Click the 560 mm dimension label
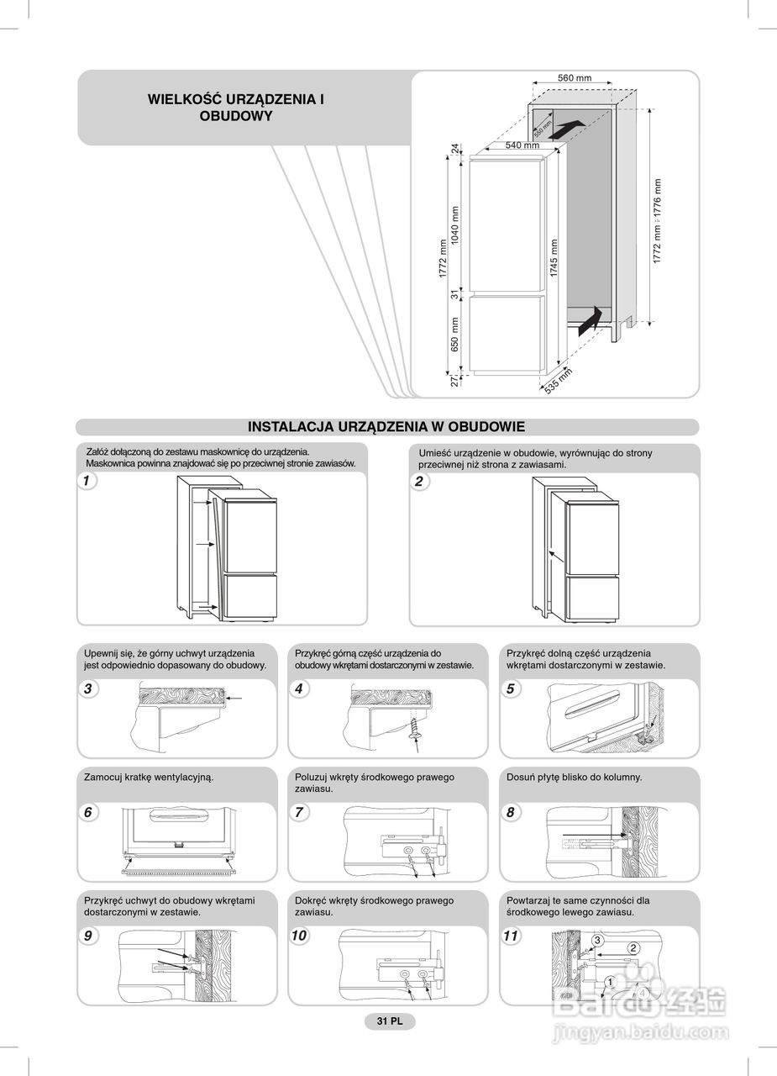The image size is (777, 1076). pyautogui.click(x=575, y=78)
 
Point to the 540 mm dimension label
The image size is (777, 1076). pyautogui.click(x=522, y=145)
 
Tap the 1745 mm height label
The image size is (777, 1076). pyautogui.click(x=554, y=258)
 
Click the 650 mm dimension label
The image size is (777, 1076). pyautogui.click(x=455, y=334)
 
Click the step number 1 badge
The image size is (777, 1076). pyautogui.click(x=86, y=482)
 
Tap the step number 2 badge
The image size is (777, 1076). pyautogui.click(x=418, y=482)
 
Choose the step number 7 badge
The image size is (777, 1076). pyautogui.click(x=299, y=813)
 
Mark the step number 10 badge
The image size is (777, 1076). pyautogui.click(x=300, y=936)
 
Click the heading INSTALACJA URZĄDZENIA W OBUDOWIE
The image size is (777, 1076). pyautogui.click(x=386, y=427)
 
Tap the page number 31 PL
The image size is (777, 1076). pyautogui.click(x=389, y=1021)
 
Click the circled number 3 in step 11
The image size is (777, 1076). pyautogui.click(x=597, y=940)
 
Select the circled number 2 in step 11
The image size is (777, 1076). pyautogui.click(x=633, y=949)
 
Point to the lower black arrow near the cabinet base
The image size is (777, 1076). pyautogui.click(x=591, y=319)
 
